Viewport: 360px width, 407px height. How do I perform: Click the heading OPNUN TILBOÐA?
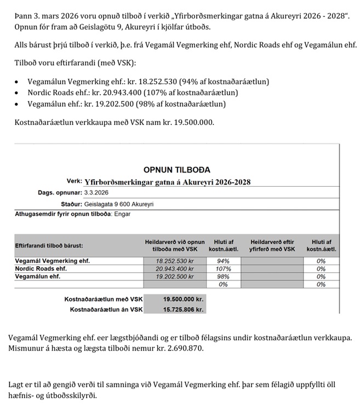pyautogui.click(x=176, y=170)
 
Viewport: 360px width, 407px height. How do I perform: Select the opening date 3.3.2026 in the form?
pyautogui.click(x=96, y=193)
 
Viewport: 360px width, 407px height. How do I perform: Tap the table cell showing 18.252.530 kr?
pyautogui.click(x=175, y=261)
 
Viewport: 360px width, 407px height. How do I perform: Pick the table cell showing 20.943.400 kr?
pyautogui.click(x=175, y=269)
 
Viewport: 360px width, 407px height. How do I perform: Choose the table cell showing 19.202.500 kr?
pyautogui.click(x=175, y=277)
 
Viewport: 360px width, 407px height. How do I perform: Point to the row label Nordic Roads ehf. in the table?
pyautogui.click(x=41, y=269)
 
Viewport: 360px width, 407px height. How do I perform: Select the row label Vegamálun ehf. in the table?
pyautogui.click(x=38, y=277)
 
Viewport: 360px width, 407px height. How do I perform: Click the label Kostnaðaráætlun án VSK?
pyautogui.click(x=106, y=309)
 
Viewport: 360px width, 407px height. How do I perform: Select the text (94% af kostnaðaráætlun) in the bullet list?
pyautogui.click(x=226, y=82)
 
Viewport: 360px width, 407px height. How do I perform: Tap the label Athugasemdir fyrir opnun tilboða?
pyautogui.click(x=61, y=214)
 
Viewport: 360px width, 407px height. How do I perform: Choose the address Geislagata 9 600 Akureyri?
pyautogui.click(x=119, y=204)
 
